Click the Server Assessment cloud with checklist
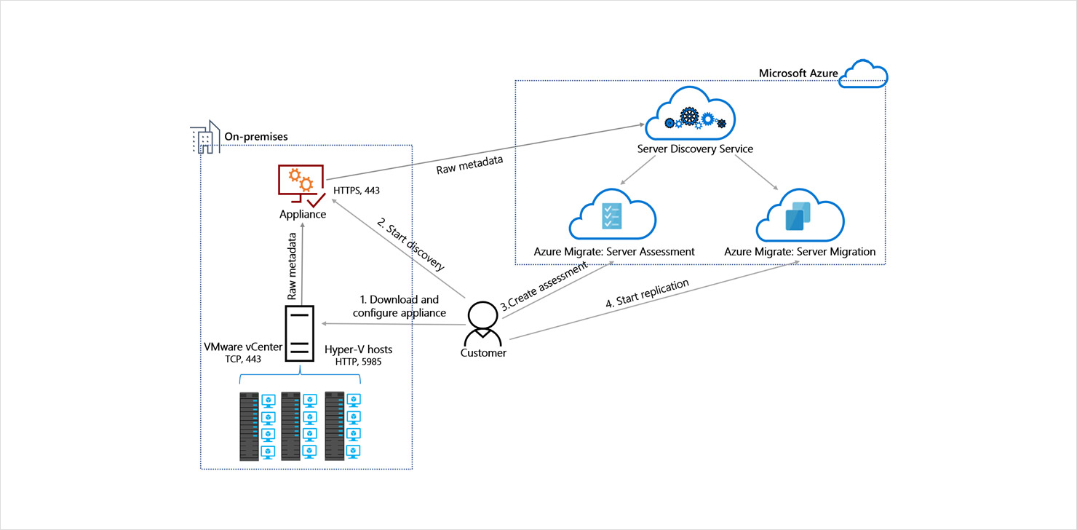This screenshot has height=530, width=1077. [613, 215]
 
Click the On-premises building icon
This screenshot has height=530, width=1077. [204, 137]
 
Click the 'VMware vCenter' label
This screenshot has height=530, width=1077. [243, 347]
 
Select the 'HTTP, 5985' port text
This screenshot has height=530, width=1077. [358, 360]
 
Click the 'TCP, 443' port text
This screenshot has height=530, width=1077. [243, 359]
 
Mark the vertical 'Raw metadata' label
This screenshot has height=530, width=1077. [293, 266]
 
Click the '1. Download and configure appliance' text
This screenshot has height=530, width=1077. [400, 306]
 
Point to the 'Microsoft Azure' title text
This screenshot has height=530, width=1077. [798, 73]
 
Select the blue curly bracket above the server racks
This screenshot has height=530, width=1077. [300, 379]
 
